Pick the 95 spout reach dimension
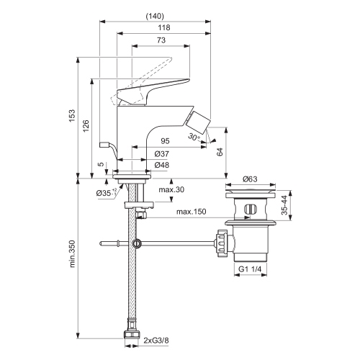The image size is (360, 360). (165, 141)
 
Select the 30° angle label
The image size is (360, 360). (193, 136)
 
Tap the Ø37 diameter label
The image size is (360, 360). (162, 153)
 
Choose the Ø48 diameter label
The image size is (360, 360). (162, 165)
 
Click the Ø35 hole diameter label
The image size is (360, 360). (104, 193)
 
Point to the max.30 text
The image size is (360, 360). (171, 189)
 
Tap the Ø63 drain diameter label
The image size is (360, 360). (250, 178)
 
